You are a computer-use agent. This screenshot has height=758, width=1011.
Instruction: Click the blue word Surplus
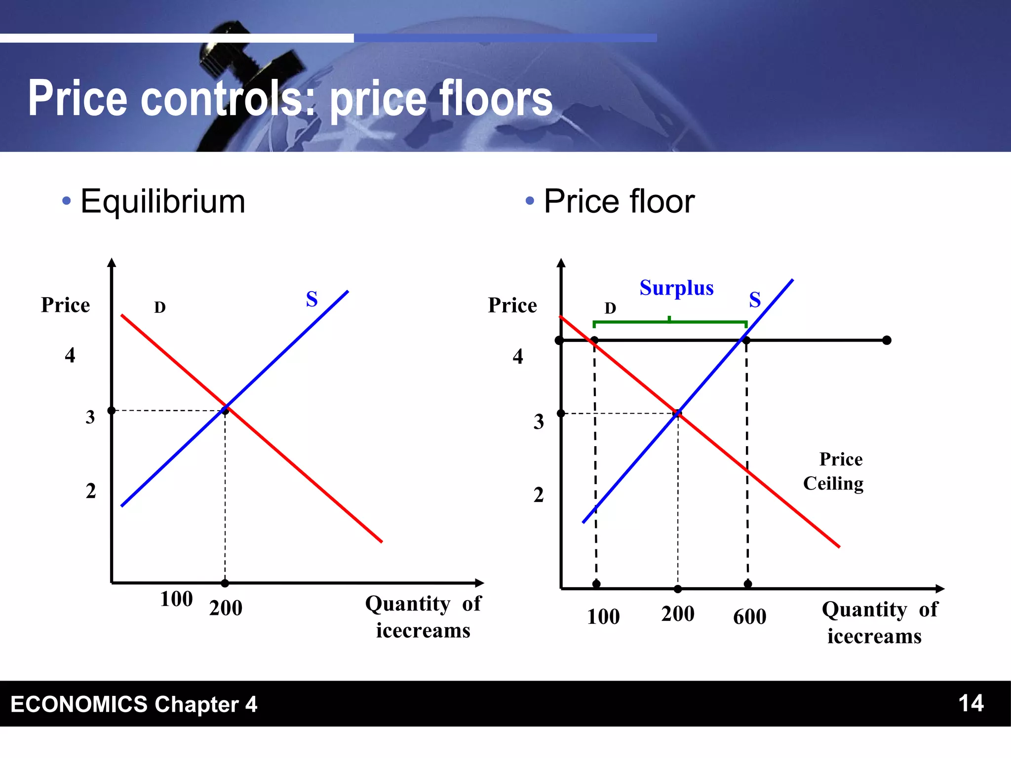(676, 288)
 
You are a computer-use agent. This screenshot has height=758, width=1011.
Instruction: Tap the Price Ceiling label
(833, 471)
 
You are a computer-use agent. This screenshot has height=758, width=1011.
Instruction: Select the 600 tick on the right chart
(749, 616)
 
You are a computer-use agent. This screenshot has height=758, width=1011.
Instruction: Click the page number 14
(971, 703)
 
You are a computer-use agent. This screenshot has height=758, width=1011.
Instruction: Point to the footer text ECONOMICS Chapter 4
(134, 704)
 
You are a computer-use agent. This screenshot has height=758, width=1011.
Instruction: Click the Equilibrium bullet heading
(162, 201)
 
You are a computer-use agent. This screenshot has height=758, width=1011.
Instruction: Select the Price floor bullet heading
(619, 201)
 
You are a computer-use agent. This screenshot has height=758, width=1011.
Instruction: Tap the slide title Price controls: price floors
(290, 99)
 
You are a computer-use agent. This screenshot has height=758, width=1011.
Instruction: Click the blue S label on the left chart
(311, 299)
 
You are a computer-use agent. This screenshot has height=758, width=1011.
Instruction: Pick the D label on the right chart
(610, 308)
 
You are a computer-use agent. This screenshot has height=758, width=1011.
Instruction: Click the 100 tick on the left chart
(176, 599)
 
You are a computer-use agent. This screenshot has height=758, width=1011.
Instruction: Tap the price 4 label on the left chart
(70, 355)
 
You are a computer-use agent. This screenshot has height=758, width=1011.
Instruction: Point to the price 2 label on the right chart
(539, 494)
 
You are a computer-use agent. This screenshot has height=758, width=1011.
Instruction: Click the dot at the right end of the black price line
(887, 340)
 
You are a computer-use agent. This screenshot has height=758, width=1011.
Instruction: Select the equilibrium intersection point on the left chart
(226, 409)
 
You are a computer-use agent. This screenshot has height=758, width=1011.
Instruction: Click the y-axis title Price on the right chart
(512, 305)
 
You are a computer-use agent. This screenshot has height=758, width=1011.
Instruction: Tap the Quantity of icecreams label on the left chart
(423, 617)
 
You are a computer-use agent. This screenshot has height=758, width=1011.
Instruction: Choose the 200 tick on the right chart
(678, 614)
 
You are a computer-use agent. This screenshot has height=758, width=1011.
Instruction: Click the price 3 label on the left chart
(90, 417)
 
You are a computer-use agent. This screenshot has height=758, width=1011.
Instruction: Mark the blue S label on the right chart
(755, 300)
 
